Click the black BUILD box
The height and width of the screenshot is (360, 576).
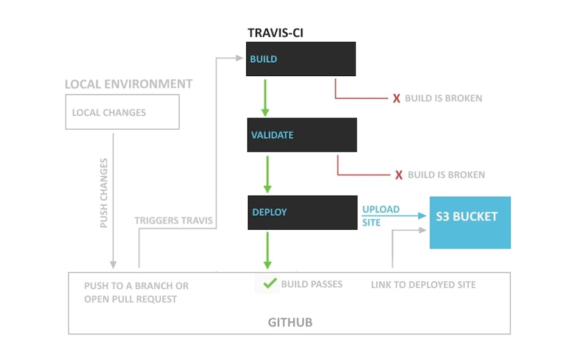300,59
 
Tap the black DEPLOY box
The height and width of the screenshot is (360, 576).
302,212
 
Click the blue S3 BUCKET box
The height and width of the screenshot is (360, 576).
469,222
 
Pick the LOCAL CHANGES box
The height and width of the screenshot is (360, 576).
122,112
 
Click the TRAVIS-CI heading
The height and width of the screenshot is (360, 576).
275,33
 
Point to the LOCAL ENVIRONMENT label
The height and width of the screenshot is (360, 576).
129,84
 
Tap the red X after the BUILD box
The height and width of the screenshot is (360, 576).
396,99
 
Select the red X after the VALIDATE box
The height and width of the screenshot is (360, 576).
399,175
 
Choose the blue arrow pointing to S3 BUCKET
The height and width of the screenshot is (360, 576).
402,216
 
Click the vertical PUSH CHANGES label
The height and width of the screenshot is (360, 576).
104,193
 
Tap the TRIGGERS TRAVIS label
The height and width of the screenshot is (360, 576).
174,221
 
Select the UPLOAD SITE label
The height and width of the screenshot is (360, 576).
380,216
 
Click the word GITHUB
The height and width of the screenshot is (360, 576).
290,322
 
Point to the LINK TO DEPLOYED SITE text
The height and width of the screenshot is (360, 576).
423,284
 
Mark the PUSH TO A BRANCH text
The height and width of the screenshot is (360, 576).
136,286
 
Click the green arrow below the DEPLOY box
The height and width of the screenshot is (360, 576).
267,250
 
